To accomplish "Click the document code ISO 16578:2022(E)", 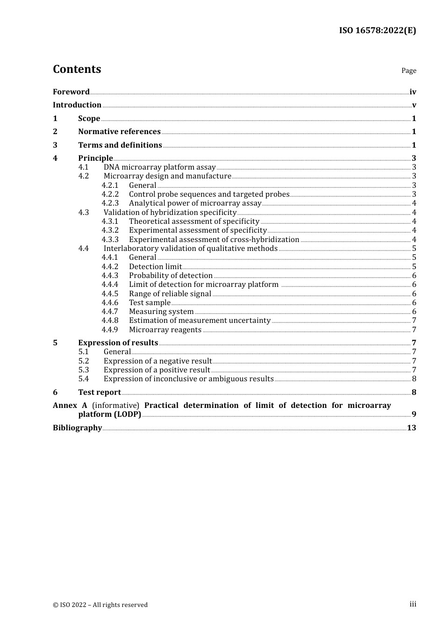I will (x=377, y=30).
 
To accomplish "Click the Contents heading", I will (x=77, y=69).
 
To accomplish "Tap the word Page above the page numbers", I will (x=408, y=71).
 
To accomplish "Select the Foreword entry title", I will (x=71, y=92).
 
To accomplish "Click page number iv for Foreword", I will (x=413, y=92).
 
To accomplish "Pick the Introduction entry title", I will (x=77, y=105).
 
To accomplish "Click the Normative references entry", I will (x=119, y=132).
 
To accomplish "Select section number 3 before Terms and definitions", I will (x=55, y=145).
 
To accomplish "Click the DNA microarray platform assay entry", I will (x=159, y=167).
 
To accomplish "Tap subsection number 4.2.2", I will (x=110, y=194).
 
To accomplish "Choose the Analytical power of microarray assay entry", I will (x=195, y=203).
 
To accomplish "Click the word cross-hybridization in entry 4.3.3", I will (x=265, y=240).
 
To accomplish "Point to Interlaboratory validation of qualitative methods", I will (x=190, y=249).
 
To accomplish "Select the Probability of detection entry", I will (x=171, y=276).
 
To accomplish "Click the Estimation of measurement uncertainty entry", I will (x=200, y=321).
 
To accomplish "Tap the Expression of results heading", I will (x=118, y=343).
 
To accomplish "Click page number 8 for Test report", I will (x=414, y=392).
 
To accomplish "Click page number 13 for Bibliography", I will (x=411, y=428).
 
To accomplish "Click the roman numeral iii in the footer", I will (x=413, y=604).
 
